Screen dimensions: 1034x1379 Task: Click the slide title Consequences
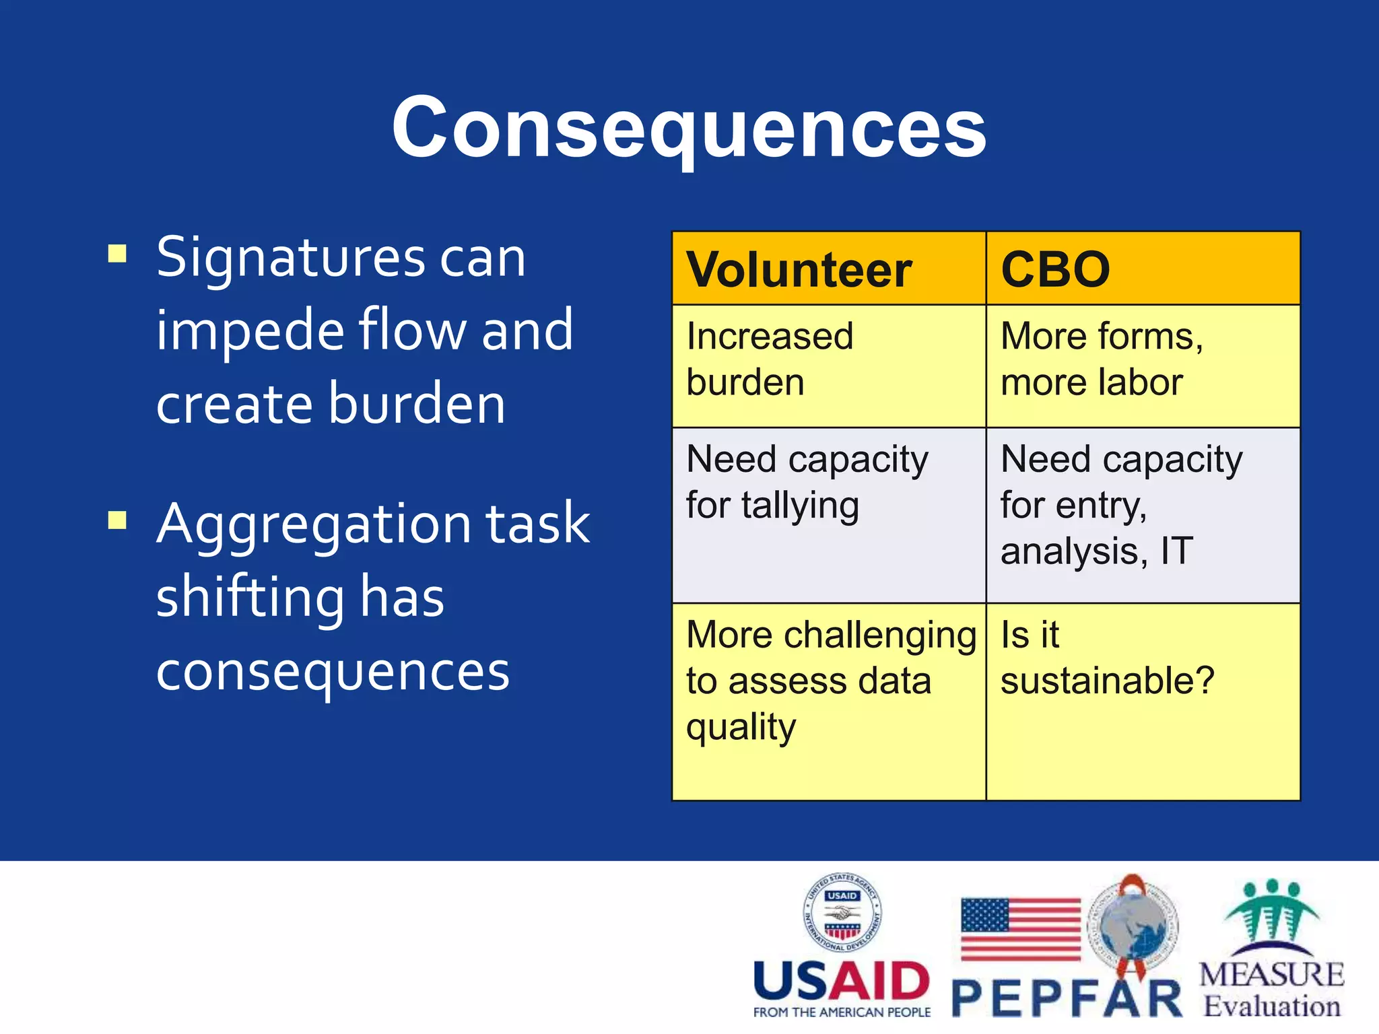(689, 128)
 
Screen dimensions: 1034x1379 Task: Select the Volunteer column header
(799, 270)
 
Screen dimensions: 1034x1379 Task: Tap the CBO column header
(1055, 270)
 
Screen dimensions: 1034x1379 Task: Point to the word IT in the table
(1176, 551)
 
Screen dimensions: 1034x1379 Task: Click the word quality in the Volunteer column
(741, 728)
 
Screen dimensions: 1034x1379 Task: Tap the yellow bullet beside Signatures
(117, 254)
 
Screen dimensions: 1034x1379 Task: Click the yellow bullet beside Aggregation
(117, 520)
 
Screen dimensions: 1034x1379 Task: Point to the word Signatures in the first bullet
(291, 258)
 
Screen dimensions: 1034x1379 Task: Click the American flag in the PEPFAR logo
(1021, 929)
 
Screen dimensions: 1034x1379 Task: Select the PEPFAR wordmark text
(1067, 998)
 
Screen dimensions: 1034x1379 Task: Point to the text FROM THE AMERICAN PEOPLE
(842, 1012)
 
